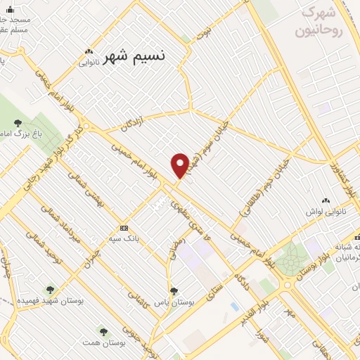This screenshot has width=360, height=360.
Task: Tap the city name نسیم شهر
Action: pos(134,58)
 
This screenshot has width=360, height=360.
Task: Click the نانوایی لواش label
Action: pos(326,211)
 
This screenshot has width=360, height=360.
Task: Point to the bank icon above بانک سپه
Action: pos(124,228)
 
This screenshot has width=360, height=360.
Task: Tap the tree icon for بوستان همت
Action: pos(103,330)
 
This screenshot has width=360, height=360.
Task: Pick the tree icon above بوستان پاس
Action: pos(174,290)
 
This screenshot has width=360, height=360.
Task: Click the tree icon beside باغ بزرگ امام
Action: pos(18,124)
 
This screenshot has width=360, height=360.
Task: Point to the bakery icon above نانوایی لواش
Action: pos(326,200)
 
